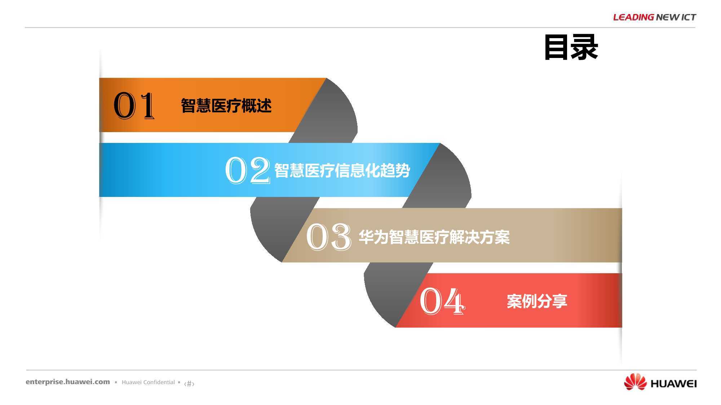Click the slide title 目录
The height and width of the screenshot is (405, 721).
click(571, 47)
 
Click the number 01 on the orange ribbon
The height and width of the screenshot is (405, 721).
click(134, 105)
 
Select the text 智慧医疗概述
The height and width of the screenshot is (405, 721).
click(226, 106)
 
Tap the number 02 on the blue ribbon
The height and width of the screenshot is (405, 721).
click(247, 170)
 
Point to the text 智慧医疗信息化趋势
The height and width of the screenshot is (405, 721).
click(342, 171)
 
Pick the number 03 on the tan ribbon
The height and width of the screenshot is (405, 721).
click(328, 236)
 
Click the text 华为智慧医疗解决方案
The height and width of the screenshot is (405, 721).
click(434, 237)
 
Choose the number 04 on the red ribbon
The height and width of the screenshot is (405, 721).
click(442, 301)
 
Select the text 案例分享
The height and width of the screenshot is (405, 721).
click(537, 301)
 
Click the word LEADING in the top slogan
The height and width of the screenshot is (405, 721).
click(633, 17)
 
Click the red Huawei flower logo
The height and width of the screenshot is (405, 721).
click(636, 382)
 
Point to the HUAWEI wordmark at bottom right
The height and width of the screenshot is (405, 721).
click(673, 384)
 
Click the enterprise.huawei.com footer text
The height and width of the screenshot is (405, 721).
click(68, 382)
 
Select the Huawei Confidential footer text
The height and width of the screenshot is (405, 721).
click(148, 382)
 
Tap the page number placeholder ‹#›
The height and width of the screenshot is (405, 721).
click(189, 384)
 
